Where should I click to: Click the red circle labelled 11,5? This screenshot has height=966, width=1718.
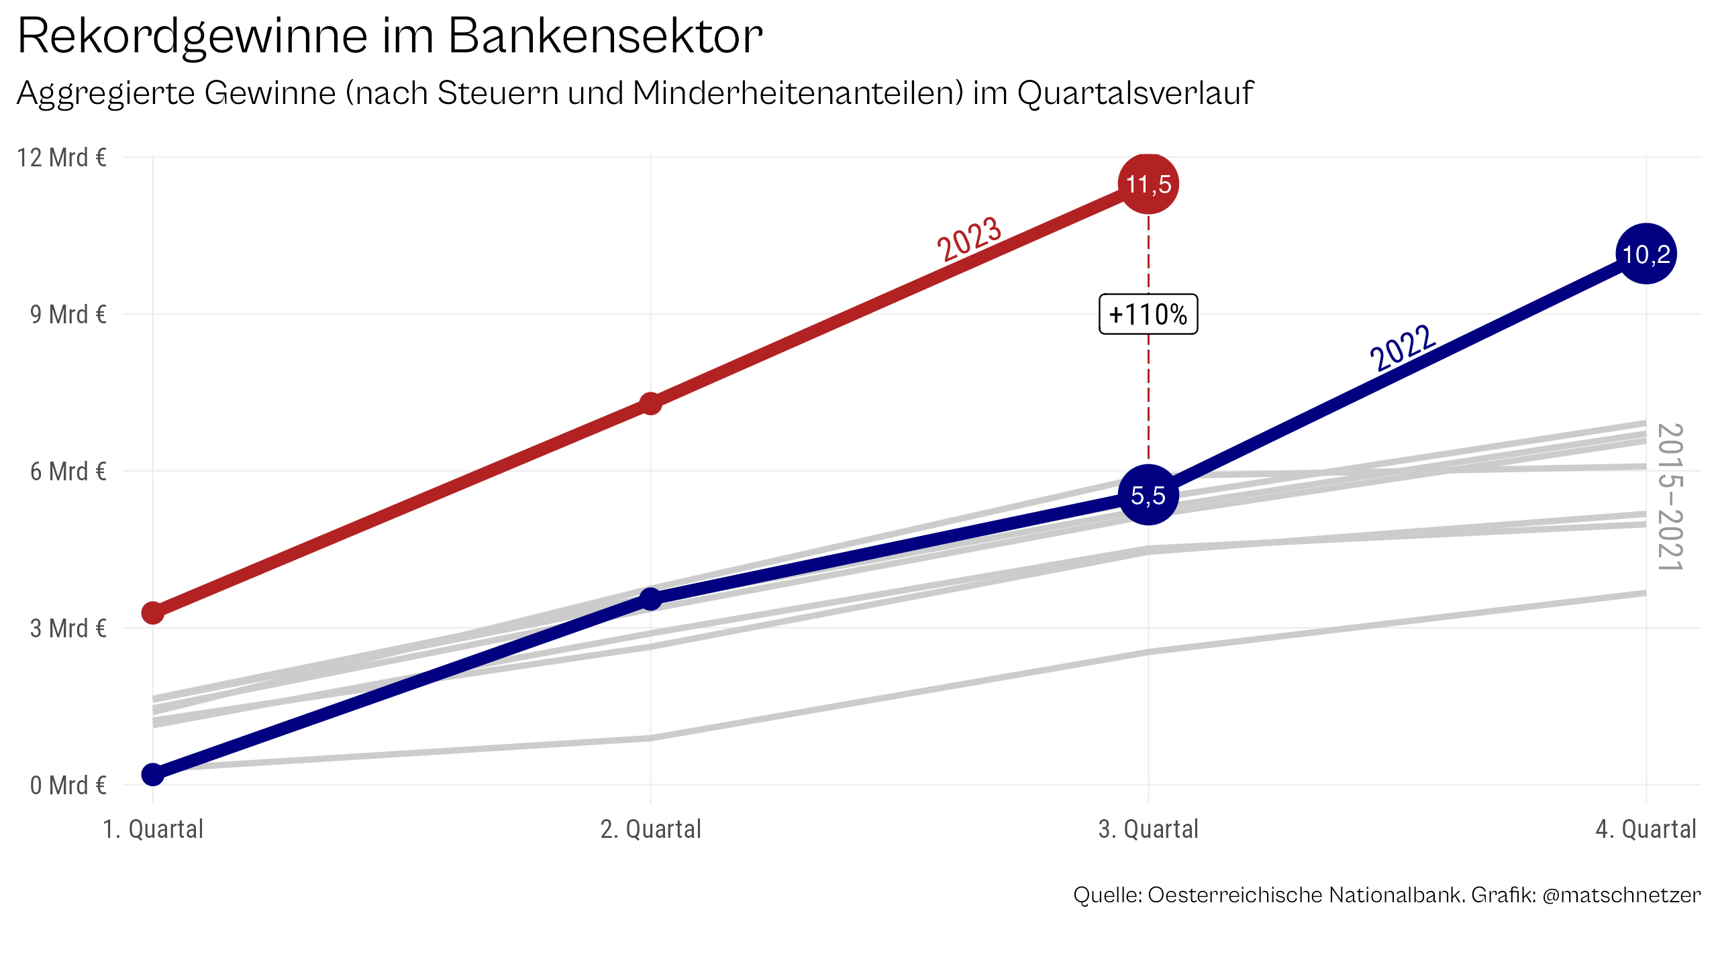click(1148, 184)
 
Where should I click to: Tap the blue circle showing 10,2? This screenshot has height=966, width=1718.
click(1646, 254)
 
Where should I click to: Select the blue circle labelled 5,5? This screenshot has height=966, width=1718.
click(1148, 495)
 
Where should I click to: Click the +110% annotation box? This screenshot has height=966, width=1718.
click(1148, 314)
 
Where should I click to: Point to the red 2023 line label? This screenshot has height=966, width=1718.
click(969, 239)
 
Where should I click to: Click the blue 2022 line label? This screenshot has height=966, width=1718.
click(1403, 348)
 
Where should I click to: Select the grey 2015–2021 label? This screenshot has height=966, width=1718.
click(1670, 497)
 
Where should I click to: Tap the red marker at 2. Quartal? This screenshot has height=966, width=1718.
click(650, 404)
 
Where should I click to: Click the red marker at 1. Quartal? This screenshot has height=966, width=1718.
click(153, 612)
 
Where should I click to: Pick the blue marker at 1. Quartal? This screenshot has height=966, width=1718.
click(153, 774)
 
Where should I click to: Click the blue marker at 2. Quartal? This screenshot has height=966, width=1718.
click(650, 599)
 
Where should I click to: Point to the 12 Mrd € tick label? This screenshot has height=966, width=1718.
click(62, 158)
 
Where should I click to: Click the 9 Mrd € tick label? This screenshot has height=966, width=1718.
click(68, 314)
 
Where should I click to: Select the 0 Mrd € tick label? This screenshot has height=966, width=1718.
click(68, 785)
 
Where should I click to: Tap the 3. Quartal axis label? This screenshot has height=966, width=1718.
click(1148, 829)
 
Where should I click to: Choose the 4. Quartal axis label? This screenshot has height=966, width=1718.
click(1646, 829)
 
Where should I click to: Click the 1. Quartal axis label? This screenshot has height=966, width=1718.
click(153, 829)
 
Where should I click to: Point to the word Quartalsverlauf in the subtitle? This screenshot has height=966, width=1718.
click(1135, 93)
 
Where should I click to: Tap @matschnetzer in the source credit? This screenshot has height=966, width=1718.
click(1621, 895)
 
